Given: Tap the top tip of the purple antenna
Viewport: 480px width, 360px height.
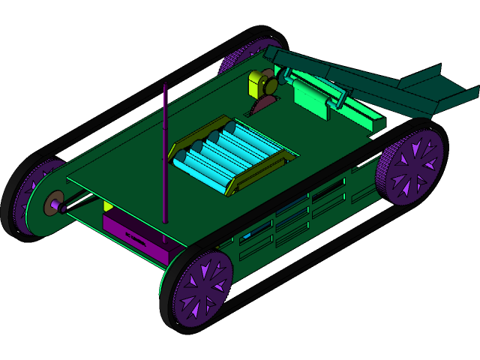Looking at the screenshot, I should [165, 85].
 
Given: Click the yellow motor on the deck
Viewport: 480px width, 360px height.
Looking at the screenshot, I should [262, 83].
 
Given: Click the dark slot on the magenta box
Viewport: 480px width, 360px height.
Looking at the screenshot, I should [136, 239].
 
